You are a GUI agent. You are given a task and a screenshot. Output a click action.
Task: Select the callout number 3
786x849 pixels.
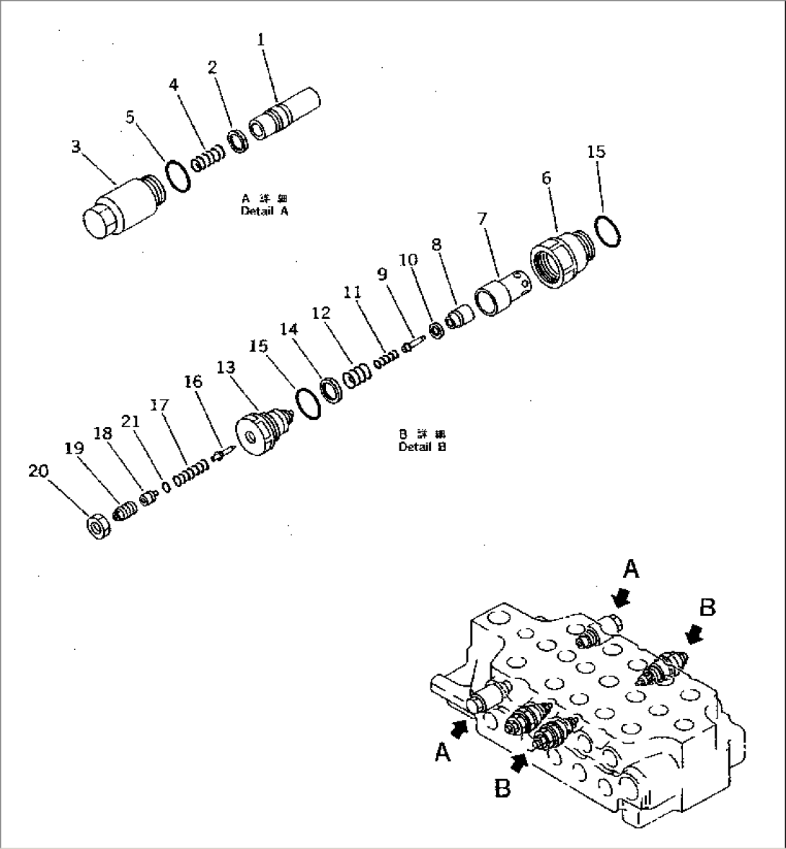(x=76, y=146)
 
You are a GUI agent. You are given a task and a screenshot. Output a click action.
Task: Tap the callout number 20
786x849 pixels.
(x=38, y=471)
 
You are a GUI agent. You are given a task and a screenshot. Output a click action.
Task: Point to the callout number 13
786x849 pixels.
(x=226, y=368)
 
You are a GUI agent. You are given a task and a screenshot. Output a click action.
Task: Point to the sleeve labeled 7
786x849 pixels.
(x=501, y=292)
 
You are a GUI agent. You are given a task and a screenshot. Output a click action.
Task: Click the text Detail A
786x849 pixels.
(x=263, y=211)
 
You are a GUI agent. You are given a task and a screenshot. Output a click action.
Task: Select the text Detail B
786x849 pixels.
(x=422, y=446)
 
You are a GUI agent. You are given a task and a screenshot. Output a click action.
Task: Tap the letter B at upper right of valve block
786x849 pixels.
(x=707, y=608)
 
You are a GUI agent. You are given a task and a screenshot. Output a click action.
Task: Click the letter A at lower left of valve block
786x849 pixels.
(x=443, y=753)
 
